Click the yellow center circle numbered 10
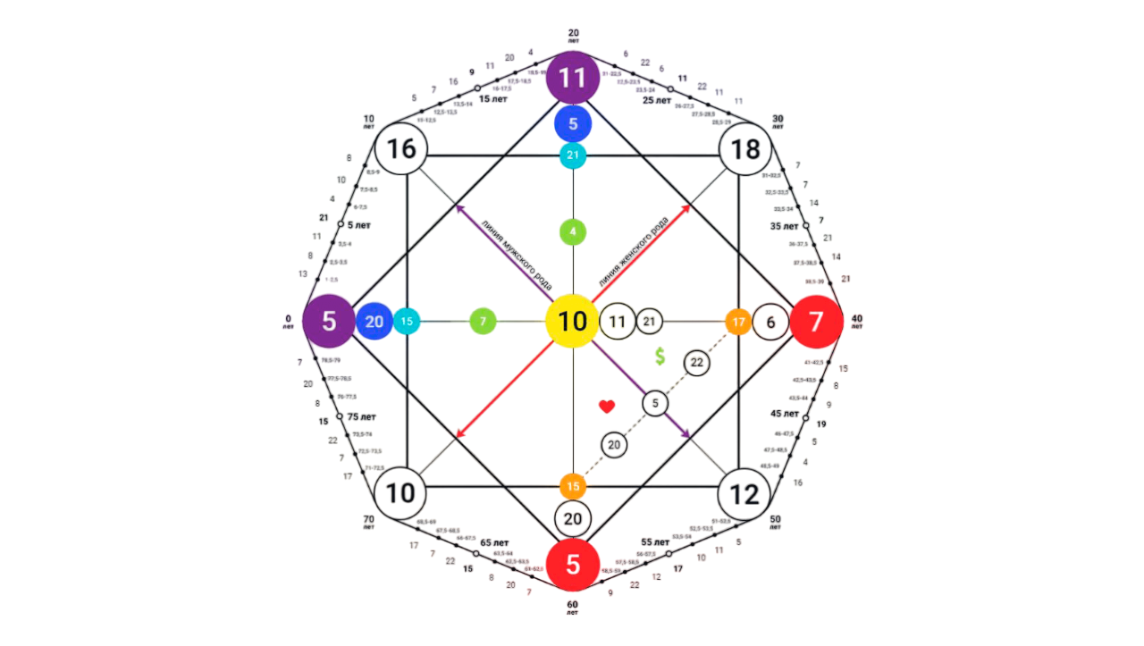tap(572, 321)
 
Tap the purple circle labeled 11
tap(572, 78)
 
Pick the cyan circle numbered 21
tap(573, 155)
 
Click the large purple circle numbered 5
tap(329, 321)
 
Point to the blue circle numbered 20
tap(374, 321)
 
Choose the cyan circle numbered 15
tap(407, 321)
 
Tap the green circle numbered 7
tap(483, 321)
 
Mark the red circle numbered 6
tap(573, 564)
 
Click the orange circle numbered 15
tap(573, 487)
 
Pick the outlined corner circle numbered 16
tap(401, 149)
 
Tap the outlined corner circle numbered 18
tap(745, 149)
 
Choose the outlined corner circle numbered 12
tap(744, 493)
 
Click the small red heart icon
tap(607, 407)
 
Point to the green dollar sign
tap(660, 357)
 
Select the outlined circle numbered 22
tap(697, 362)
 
